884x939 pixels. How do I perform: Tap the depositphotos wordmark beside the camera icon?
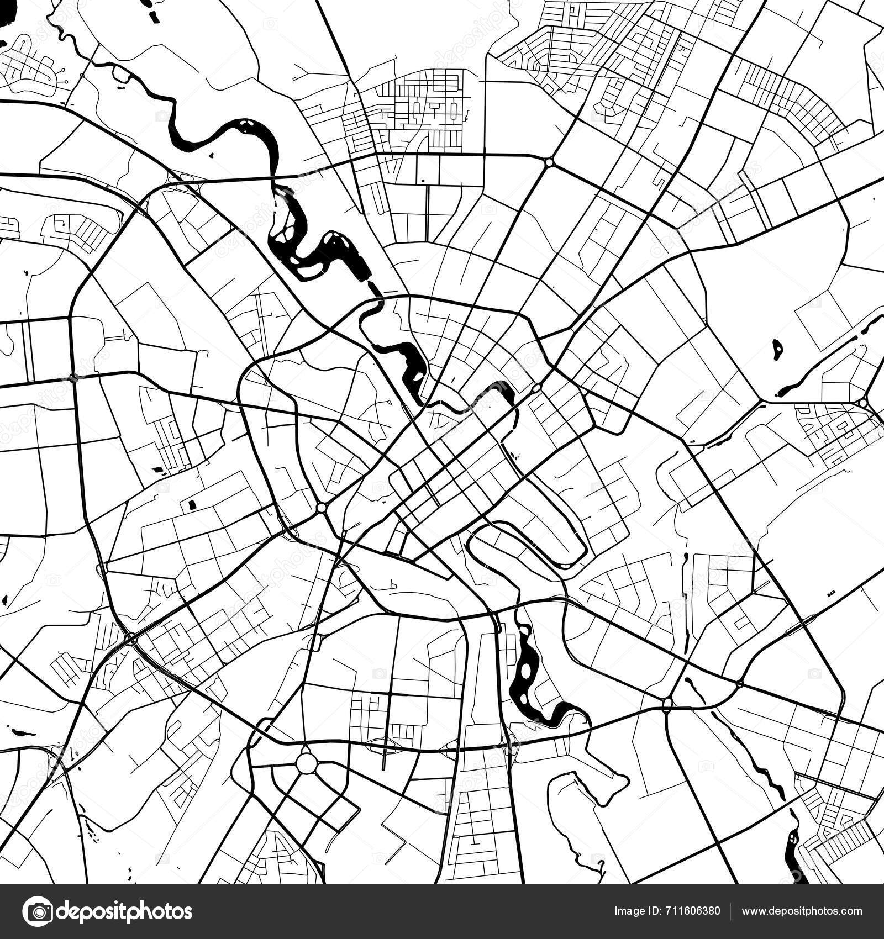pos(125,911)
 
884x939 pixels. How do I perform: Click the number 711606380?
pos(693,911)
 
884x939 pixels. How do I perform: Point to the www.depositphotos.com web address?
pos(801,911)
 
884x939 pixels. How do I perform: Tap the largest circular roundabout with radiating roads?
pos(307,764)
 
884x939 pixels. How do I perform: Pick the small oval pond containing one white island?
pos(777,349)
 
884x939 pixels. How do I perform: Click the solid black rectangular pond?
pos(192,504)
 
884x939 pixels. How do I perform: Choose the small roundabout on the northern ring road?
pos(549,162)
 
